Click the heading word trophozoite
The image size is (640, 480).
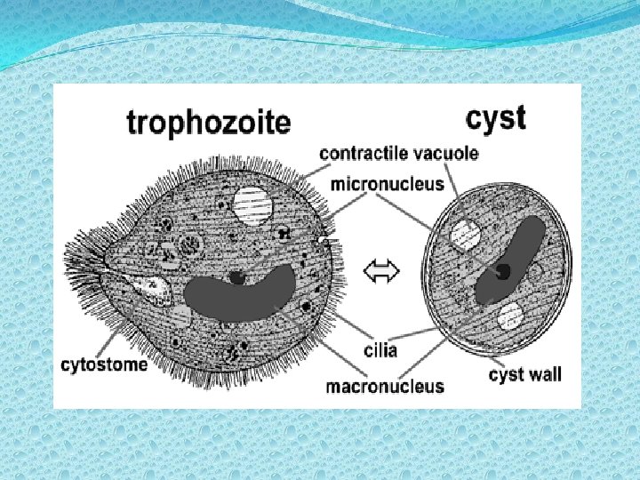[x=208, y=121]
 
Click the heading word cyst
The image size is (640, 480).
[x=496, y=117]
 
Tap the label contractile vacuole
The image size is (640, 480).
[x=398, y=153]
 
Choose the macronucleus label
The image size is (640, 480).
[x=384, y=386]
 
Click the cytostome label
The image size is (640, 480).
[x=104, y=364]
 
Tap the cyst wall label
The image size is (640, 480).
[x=525, y=374]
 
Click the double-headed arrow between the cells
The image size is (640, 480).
[x=381, y=273]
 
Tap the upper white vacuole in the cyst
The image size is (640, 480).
[x=465, y=235]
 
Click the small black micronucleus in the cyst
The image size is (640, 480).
[x=503, y=270]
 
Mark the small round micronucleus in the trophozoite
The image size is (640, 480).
[x=236, y=277]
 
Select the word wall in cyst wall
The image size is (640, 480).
[x=543, y=374]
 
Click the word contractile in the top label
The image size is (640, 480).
[x=364, y=153]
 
